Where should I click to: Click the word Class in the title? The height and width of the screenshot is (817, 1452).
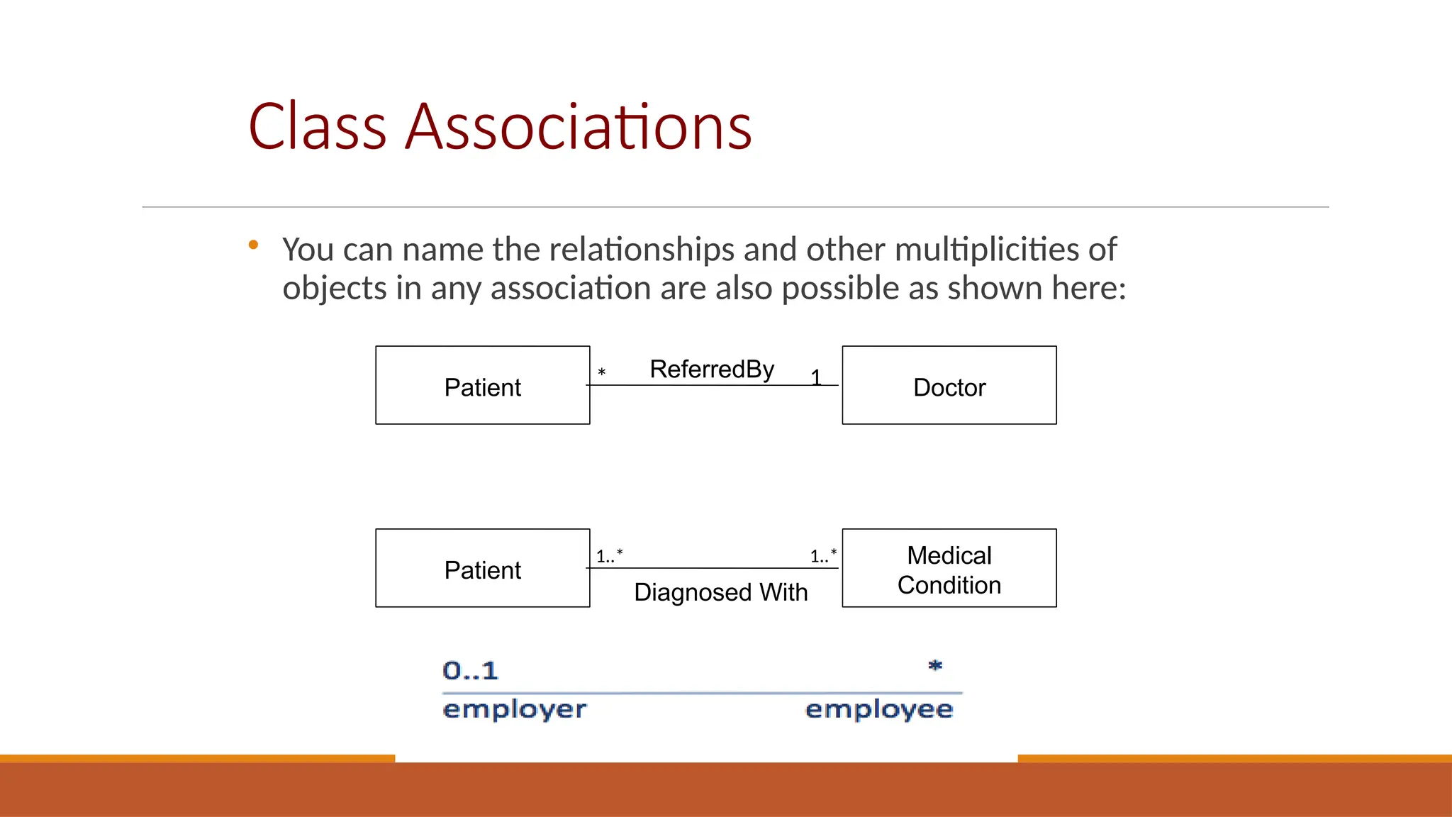tap(317, 127)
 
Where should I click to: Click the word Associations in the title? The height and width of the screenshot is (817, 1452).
tap(578, 127)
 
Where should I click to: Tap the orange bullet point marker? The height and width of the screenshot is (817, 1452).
tap(253, 245)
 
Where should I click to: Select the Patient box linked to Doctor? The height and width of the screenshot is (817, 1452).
tap(482, 386)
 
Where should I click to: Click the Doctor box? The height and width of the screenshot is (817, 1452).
tap(949, 386)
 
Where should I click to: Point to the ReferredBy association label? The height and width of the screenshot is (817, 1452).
tap(712, 369)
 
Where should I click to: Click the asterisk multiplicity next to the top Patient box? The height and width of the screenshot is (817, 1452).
tap(602, 373)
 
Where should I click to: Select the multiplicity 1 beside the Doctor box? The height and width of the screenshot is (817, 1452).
tap(816, 377)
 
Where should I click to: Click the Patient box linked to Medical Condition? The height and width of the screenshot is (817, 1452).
tap(482, 569)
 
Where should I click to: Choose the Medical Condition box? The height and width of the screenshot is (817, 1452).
tap(949, 569)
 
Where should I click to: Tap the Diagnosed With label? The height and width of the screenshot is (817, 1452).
tap(720, 592)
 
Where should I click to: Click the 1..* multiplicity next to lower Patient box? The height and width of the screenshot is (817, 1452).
tap(609, 556)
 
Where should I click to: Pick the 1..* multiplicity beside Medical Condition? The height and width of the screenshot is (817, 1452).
tap(823, 556)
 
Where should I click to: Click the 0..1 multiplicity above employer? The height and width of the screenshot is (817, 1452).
tap(470, 670)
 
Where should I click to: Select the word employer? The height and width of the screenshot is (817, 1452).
tap(515, 709)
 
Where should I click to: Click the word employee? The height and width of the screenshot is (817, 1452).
tap(879, 709)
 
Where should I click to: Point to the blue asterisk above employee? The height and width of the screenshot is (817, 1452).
tap(935, 665)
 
